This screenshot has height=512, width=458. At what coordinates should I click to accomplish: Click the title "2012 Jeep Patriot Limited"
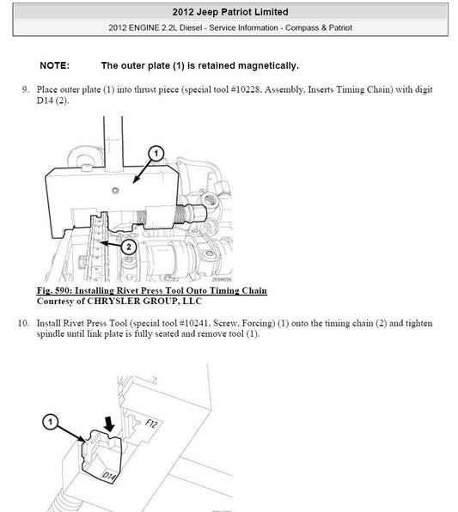coord(230,12)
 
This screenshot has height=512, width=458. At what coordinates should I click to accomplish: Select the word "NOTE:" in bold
coord(54,65)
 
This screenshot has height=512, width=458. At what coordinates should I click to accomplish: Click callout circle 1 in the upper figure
coord(156,154)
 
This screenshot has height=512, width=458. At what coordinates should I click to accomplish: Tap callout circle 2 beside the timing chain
coord(129,247)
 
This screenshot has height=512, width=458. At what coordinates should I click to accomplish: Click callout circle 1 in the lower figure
coord(51,422)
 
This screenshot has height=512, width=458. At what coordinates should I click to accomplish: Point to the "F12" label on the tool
coord(151,424)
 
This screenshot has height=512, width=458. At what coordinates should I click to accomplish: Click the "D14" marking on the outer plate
coord(109,476)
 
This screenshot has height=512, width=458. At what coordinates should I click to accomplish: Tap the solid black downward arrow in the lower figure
coord(109,424)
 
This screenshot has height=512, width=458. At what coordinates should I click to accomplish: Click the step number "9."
coord(26,89)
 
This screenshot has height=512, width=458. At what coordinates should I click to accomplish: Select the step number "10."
coord(23,323)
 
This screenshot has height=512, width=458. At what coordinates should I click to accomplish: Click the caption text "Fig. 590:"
coord(53,290)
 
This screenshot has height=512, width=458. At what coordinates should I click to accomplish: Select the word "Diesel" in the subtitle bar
coord(191,27)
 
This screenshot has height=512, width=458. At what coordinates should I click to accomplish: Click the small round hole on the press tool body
coord(115,191)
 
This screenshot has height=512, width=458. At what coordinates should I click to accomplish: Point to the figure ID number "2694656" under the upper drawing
coord(222,279)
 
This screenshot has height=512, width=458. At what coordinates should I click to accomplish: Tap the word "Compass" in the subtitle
coord(298,27)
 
